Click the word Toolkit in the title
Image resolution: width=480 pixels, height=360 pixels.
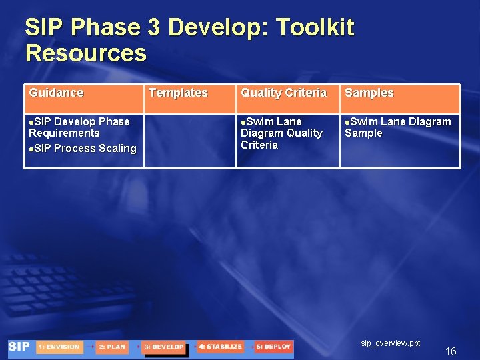315,28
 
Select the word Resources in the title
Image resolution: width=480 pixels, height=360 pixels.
85,53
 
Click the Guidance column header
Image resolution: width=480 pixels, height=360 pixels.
56,93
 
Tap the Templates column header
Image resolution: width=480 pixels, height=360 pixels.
178,93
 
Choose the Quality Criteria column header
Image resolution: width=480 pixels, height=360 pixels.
283,93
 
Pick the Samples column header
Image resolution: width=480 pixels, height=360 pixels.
369,93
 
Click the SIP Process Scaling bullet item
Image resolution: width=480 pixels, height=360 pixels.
83,148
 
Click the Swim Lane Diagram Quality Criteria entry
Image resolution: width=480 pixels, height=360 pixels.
281,133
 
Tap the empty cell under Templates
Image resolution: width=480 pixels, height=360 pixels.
190,140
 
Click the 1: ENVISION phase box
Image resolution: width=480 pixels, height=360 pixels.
59,347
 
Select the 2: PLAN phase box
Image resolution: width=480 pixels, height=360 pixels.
111,347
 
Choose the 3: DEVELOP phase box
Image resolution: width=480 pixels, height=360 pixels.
163,347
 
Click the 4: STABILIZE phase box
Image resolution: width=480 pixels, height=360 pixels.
220,347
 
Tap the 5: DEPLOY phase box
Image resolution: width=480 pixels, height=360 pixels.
273,347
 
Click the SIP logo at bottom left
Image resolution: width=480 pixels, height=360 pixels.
19,347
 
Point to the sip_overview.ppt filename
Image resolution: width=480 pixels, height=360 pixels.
391,343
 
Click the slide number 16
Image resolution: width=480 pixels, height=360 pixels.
451,351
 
